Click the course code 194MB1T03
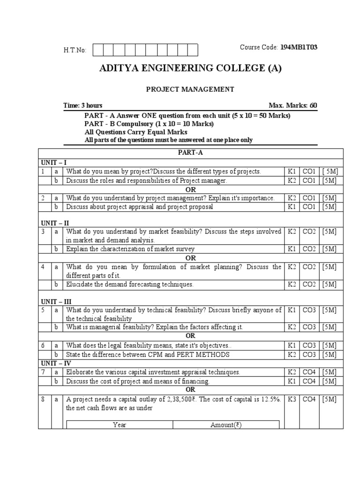point(298,47)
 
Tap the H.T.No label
point(75,50)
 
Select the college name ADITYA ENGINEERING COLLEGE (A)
point(190,68)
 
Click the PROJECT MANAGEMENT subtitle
point(190,89)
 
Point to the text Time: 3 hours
point(83,105)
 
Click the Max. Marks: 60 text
point(293,105)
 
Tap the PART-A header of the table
point(190,153)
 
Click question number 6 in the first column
point(43,346)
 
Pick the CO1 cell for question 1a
point(310,172)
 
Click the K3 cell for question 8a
point(292,399)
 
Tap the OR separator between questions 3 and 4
point(190,258)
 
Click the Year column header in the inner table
point(120,425)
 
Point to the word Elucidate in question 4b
point(80,285)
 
